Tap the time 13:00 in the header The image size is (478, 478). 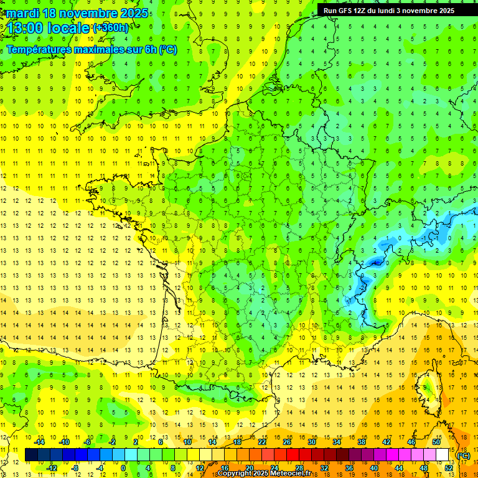[29, 28]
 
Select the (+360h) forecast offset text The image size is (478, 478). [111, 28]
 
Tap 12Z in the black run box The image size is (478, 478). [366, 11]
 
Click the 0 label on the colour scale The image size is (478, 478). [123, 468]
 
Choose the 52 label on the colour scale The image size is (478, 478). [449, 468]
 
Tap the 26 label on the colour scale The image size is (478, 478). [287, 442]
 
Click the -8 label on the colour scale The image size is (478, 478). [75, 468]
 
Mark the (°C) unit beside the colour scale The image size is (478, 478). [464, 456]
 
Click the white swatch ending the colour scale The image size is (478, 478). [443, 455]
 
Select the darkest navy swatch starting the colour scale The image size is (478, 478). [31, 455]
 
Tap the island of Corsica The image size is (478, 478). [428, 389]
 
